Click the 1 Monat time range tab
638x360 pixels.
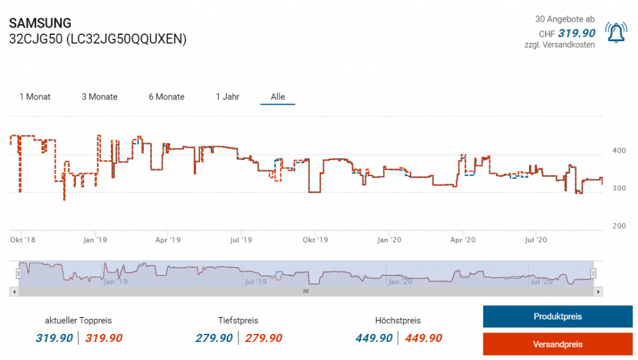(x=35, y=97)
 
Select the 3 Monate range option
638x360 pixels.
(x=100, y=97)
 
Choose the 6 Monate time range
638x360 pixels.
(x=166, y=97)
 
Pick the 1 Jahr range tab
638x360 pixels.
(x=227, y=97)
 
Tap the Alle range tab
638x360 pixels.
(x=278, y=97)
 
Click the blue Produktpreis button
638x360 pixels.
(x=558, y=316)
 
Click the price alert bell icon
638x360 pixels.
(x=616, y=32)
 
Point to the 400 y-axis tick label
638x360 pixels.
(x=619, y=151)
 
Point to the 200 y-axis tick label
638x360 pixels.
(x=619, y=226)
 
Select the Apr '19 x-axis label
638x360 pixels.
(x=168, y=239)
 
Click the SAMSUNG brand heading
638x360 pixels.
(x=40, y=24)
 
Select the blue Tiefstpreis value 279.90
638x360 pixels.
(x=214, y=338)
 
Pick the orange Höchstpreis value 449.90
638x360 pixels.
(x=424, y=338)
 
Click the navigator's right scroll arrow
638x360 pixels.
(x=598, y=291)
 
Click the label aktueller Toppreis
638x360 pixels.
(x=79, y=321)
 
